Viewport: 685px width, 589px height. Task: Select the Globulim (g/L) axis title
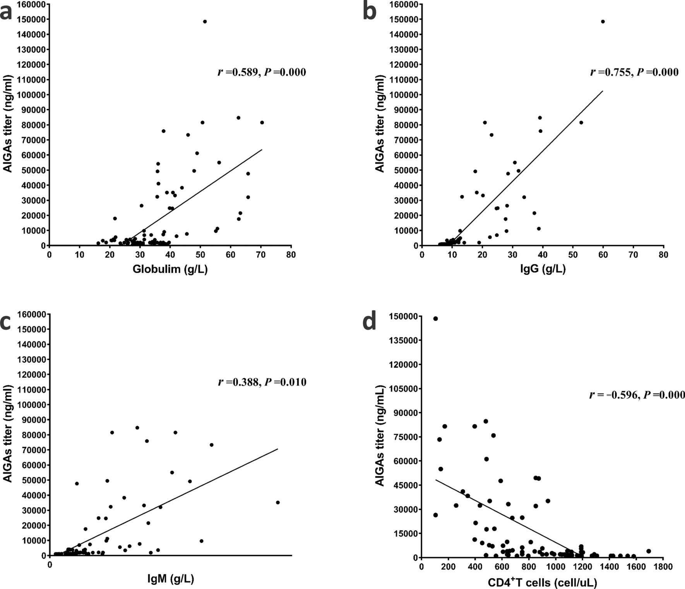[x=170, y=269]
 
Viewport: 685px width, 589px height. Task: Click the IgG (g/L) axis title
[x=543, y=269]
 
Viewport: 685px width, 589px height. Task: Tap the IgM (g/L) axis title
[x=171, y=579]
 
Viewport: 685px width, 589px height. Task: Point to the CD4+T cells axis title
[x=542, y=582]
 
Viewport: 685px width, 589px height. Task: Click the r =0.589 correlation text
[x=262, y=72]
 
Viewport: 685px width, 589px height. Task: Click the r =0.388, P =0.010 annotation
[x=262, y=382]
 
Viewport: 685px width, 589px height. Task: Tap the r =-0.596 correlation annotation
[x=637, y=395]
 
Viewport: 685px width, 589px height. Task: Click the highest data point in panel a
[x=205, y=22]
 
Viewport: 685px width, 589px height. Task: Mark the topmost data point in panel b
[x=603, y=22]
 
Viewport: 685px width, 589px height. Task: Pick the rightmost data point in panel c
[x=277, y=502]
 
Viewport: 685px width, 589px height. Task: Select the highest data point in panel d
[x=435, y=319]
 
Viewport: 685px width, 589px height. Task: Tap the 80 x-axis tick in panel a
[x=291, y=255]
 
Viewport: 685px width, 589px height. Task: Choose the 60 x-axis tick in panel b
[x=603, y=255]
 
